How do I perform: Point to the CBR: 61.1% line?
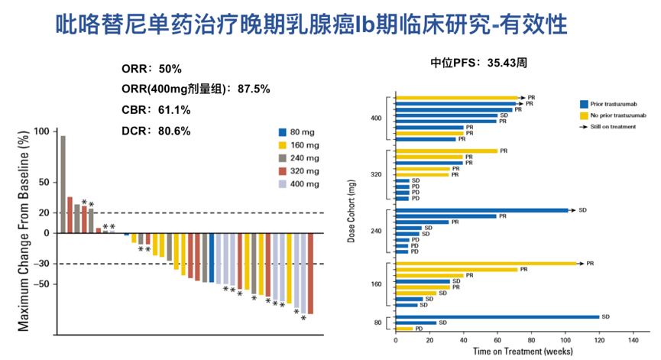(x=156, y=109)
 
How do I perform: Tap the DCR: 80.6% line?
(x=156, y=131)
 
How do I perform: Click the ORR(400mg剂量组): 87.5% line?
(x=196, y=89)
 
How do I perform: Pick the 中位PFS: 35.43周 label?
(x=478, y=64)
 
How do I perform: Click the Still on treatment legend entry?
(x=614, y=126)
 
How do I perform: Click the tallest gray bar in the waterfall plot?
(x=63, y=184)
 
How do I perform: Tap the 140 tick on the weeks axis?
(x=633, y=339)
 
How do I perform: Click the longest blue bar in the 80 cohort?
(x=496, y=316)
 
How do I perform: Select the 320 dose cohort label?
(x=376, y=174)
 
